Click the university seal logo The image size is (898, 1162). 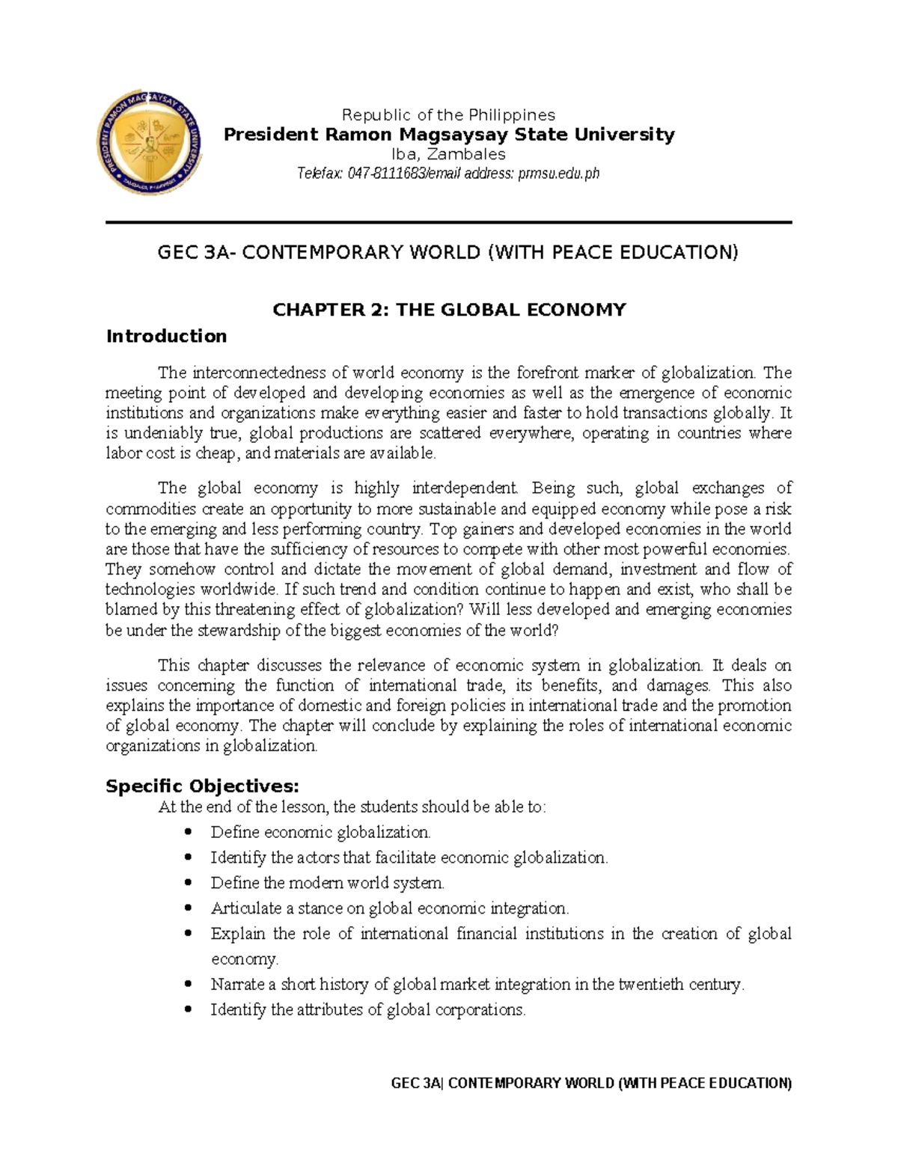pyautogui.click(x=150, y=147)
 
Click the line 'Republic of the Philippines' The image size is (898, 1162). pyautogui.click(x=448, y=114)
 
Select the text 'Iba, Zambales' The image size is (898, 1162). pyautogui.click(x=449, y=154)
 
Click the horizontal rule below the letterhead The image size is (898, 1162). pyautogui.click(x=449, y=222)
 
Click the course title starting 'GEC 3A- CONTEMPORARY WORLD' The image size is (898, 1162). pyautogui.click(x=448, y=252)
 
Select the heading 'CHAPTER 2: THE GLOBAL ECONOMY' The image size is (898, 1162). pyautogui.click(x=448, y=310)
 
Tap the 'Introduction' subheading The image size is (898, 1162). pyautogui.click(x=166, y=336)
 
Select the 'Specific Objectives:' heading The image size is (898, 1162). pyautogui.click(x=202, y=786)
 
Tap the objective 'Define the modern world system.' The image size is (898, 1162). pyautogui.click(x=327, y=883)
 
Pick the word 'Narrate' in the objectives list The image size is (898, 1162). pyautogui.click(x=233, y=985)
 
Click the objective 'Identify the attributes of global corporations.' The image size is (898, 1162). pyautogui.click(x=368, y=1010)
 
